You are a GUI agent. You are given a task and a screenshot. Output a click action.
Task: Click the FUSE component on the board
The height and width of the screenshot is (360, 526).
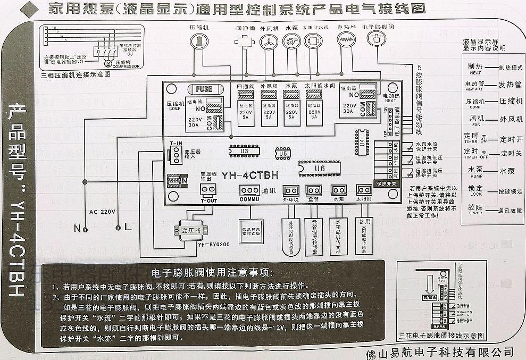[204, 89]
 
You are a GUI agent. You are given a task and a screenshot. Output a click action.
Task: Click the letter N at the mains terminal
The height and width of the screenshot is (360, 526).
[78, 228]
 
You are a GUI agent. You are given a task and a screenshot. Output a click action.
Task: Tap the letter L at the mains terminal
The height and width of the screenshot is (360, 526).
[127, 228]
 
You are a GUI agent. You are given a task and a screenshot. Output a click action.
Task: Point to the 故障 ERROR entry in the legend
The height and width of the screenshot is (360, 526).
[475, 208]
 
